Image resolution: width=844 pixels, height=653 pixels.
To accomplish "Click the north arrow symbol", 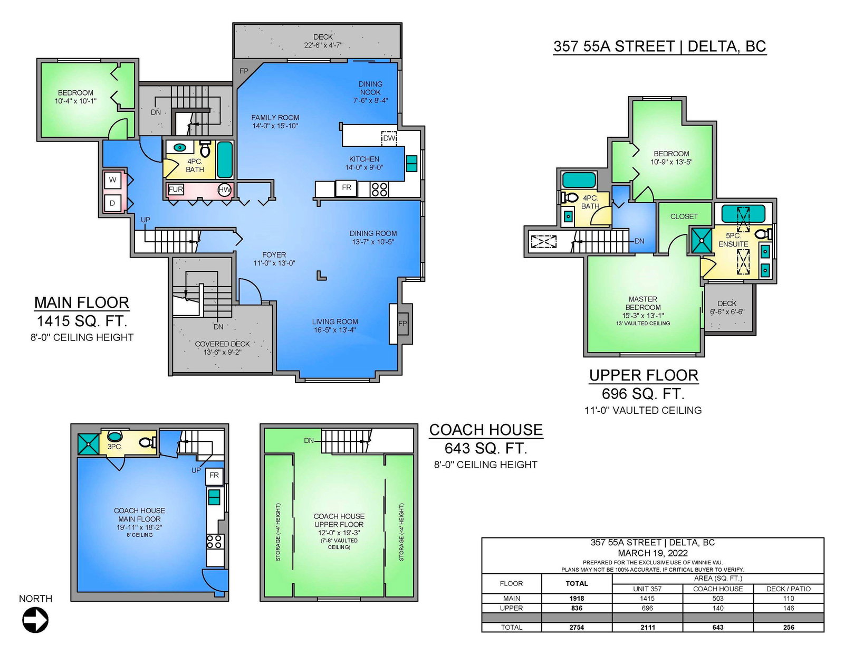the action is (x=35, y=620).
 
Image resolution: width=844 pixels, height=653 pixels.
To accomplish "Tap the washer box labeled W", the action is (x=113, y=180).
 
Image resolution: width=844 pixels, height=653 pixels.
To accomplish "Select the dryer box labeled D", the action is (x=113, y=203).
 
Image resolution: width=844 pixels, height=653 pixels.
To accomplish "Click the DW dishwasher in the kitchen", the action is (x=389, y=138).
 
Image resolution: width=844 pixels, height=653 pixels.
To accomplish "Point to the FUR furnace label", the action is (x=176, y=190).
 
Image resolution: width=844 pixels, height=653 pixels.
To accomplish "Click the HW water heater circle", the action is (x=225, y=190).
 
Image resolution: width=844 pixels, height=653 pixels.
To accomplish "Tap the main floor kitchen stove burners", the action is (x=379, y=190).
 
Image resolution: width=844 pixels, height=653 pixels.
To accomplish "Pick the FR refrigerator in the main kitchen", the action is (x=347, y=188).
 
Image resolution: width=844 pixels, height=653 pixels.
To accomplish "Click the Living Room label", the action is (x=335, y=322).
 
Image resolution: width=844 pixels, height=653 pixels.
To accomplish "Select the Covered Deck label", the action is (x=222, y=344).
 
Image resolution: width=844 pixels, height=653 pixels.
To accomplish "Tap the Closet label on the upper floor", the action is (x=684, y=216).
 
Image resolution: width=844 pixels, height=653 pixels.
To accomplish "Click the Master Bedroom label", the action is (x=643, y=303).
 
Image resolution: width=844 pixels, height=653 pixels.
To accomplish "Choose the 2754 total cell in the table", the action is (x=577, y=627).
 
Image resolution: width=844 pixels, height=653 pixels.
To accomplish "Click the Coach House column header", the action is (x=718, y=589).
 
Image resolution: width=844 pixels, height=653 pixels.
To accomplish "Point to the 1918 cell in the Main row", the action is (x=577, y=598).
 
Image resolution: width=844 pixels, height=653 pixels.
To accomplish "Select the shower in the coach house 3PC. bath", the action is (x=89, y=444).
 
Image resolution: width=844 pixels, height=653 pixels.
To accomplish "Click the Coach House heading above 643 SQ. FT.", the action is (x=486, y=430).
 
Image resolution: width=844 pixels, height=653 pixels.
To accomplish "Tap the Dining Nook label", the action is (x=370, y=88).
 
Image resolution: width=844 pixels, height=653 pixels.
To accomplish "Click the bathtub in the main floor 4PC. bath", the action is (x=225, y=160).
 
